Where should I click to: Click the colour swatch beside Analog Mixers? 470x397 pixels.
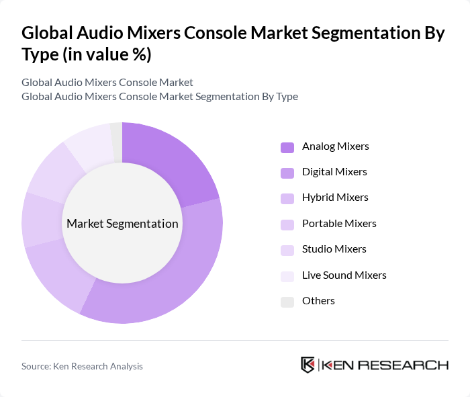click(x=287, y=146)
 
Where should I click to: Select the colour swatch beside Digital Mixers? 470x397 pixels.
click(x=287, y=173)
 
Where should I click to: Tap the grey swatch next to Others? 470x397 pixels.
click(x=287, y=302)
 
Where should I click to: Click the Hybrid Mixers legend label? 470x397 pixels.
click(x=335, y=197)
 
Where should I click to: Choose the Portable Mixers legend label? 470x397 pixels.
click(x=339, y=223)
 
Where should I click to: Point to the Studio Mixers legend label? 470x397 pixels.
click(x=334, y=249)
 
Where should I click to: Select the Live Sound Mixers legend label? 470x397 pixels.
click(x=344, y=275)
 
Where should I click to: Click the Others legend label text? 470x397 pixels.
click(x=318, y=301)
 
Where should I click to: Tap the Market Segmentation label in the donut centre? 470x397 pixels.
click(x=122, y=224)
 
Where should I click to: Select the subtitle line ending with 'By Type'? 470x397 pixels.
click(x=160, y=96)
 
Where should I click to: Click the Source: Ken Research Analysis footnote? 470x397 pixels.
click(x=82, y=366)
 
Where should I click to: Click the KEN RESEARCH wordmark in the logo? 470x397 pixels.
click(x=385, y=365)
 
